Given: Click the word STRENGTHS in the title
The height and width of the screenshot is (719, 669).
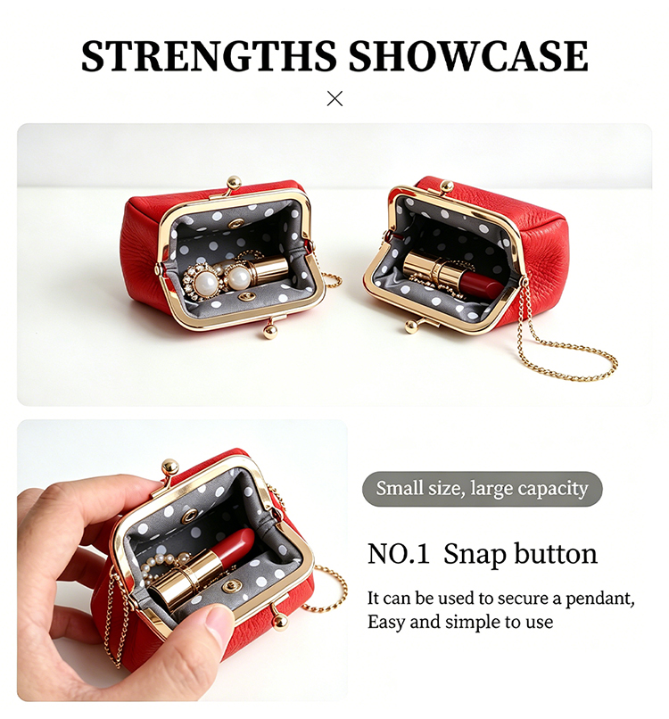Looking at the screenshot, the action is click(208, 56).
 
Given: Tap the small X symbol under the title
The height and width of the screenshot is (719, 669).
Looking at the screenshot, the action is click(334, 99).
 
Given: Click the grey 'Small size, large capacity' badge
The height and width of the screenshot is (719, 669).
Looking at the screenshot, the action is click(482, 489).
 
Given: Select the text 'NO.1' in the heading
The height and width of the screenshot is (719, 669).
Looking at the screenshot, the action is click(399, 553).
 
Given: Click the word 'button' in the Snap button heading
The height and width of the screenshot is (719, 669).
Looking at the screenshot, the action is click(556, 553).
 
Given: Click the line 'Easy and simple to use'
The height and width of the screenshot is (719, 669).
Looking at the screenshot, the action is click(460, 623).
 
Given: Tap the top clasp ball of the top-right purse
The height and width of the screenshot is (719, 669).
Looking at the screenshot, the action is click(446, 186).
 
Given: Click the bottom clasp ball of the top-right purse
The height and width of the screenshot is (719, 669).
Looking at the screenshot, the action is click(411, 326).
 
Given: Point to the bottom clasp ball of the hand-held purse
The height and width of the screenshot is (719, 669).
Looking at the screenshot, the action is click(281, 622).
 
